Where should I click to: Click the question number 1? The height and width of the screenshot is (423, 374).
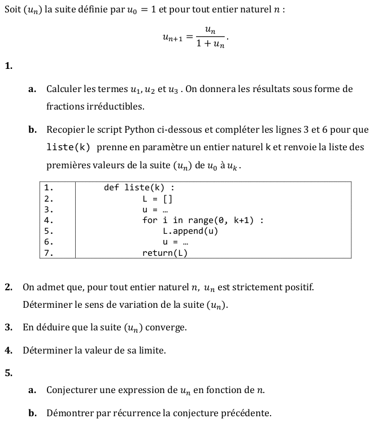tap(8, 66)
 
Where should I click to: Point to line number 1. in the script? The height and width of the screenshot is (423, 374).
tap(49, 187)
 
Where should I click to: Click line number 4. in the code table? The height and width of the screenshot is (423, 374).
tap(49, 220)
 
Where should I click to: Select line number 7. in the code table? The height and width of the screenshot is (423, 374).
tap(49, 253)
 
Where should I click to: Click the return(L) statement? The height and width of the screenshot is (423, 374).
tap(164, 253)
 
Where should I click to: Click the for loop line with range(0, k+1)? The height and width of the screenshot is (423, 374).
tap(203, 220)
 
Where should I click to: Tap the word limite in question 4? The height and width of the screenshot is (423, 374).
tap(150, 351)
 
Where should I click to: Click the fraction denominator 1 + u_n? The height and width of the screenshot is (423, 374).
tap(210, 45)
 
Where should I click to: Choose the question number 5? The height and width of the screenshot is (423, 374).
tap(8, 372)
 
